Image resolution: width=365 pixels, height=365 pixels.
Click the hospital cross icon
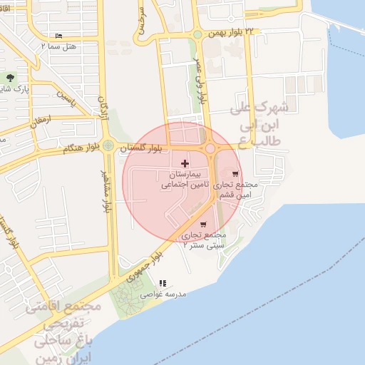185,164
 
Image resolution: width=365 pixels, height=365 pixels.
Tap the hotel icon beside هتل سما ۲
58,36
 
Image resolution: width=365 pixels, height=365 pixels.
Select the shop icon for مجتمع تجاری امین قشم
235,173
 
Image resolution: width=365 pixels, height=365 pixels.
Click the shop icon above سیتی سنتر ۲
203,225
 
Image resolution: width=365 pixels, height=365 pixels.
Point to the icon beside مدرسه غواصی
163,283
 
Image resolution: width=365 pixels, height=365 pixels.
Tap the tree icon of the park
9,77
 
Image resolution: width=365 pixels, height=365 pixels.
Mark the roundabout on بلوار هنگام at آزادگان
108,146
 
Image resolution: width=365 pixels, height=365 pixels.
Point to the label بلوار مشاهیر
105,192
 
